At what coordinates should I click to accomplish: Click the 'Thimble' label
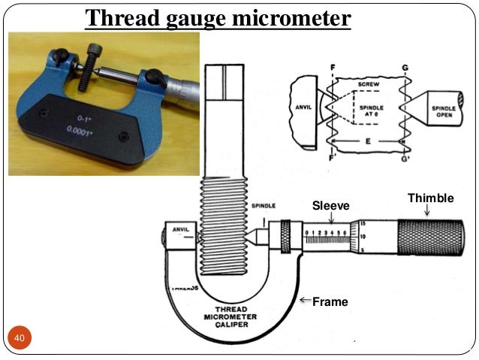tap(430, 198)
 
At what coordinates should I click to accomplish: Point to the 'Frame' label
tap(330, 302)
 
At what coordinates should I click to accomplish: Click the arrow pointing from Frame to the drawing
tap(305, 301)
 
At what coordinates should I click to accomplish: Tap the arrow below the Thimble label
tap(427, 211)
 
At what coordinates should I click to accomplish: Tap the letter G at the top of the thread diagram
tap(405, 68)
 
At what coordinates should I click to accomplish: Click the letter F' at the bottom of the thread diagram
tap(333, 159)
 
